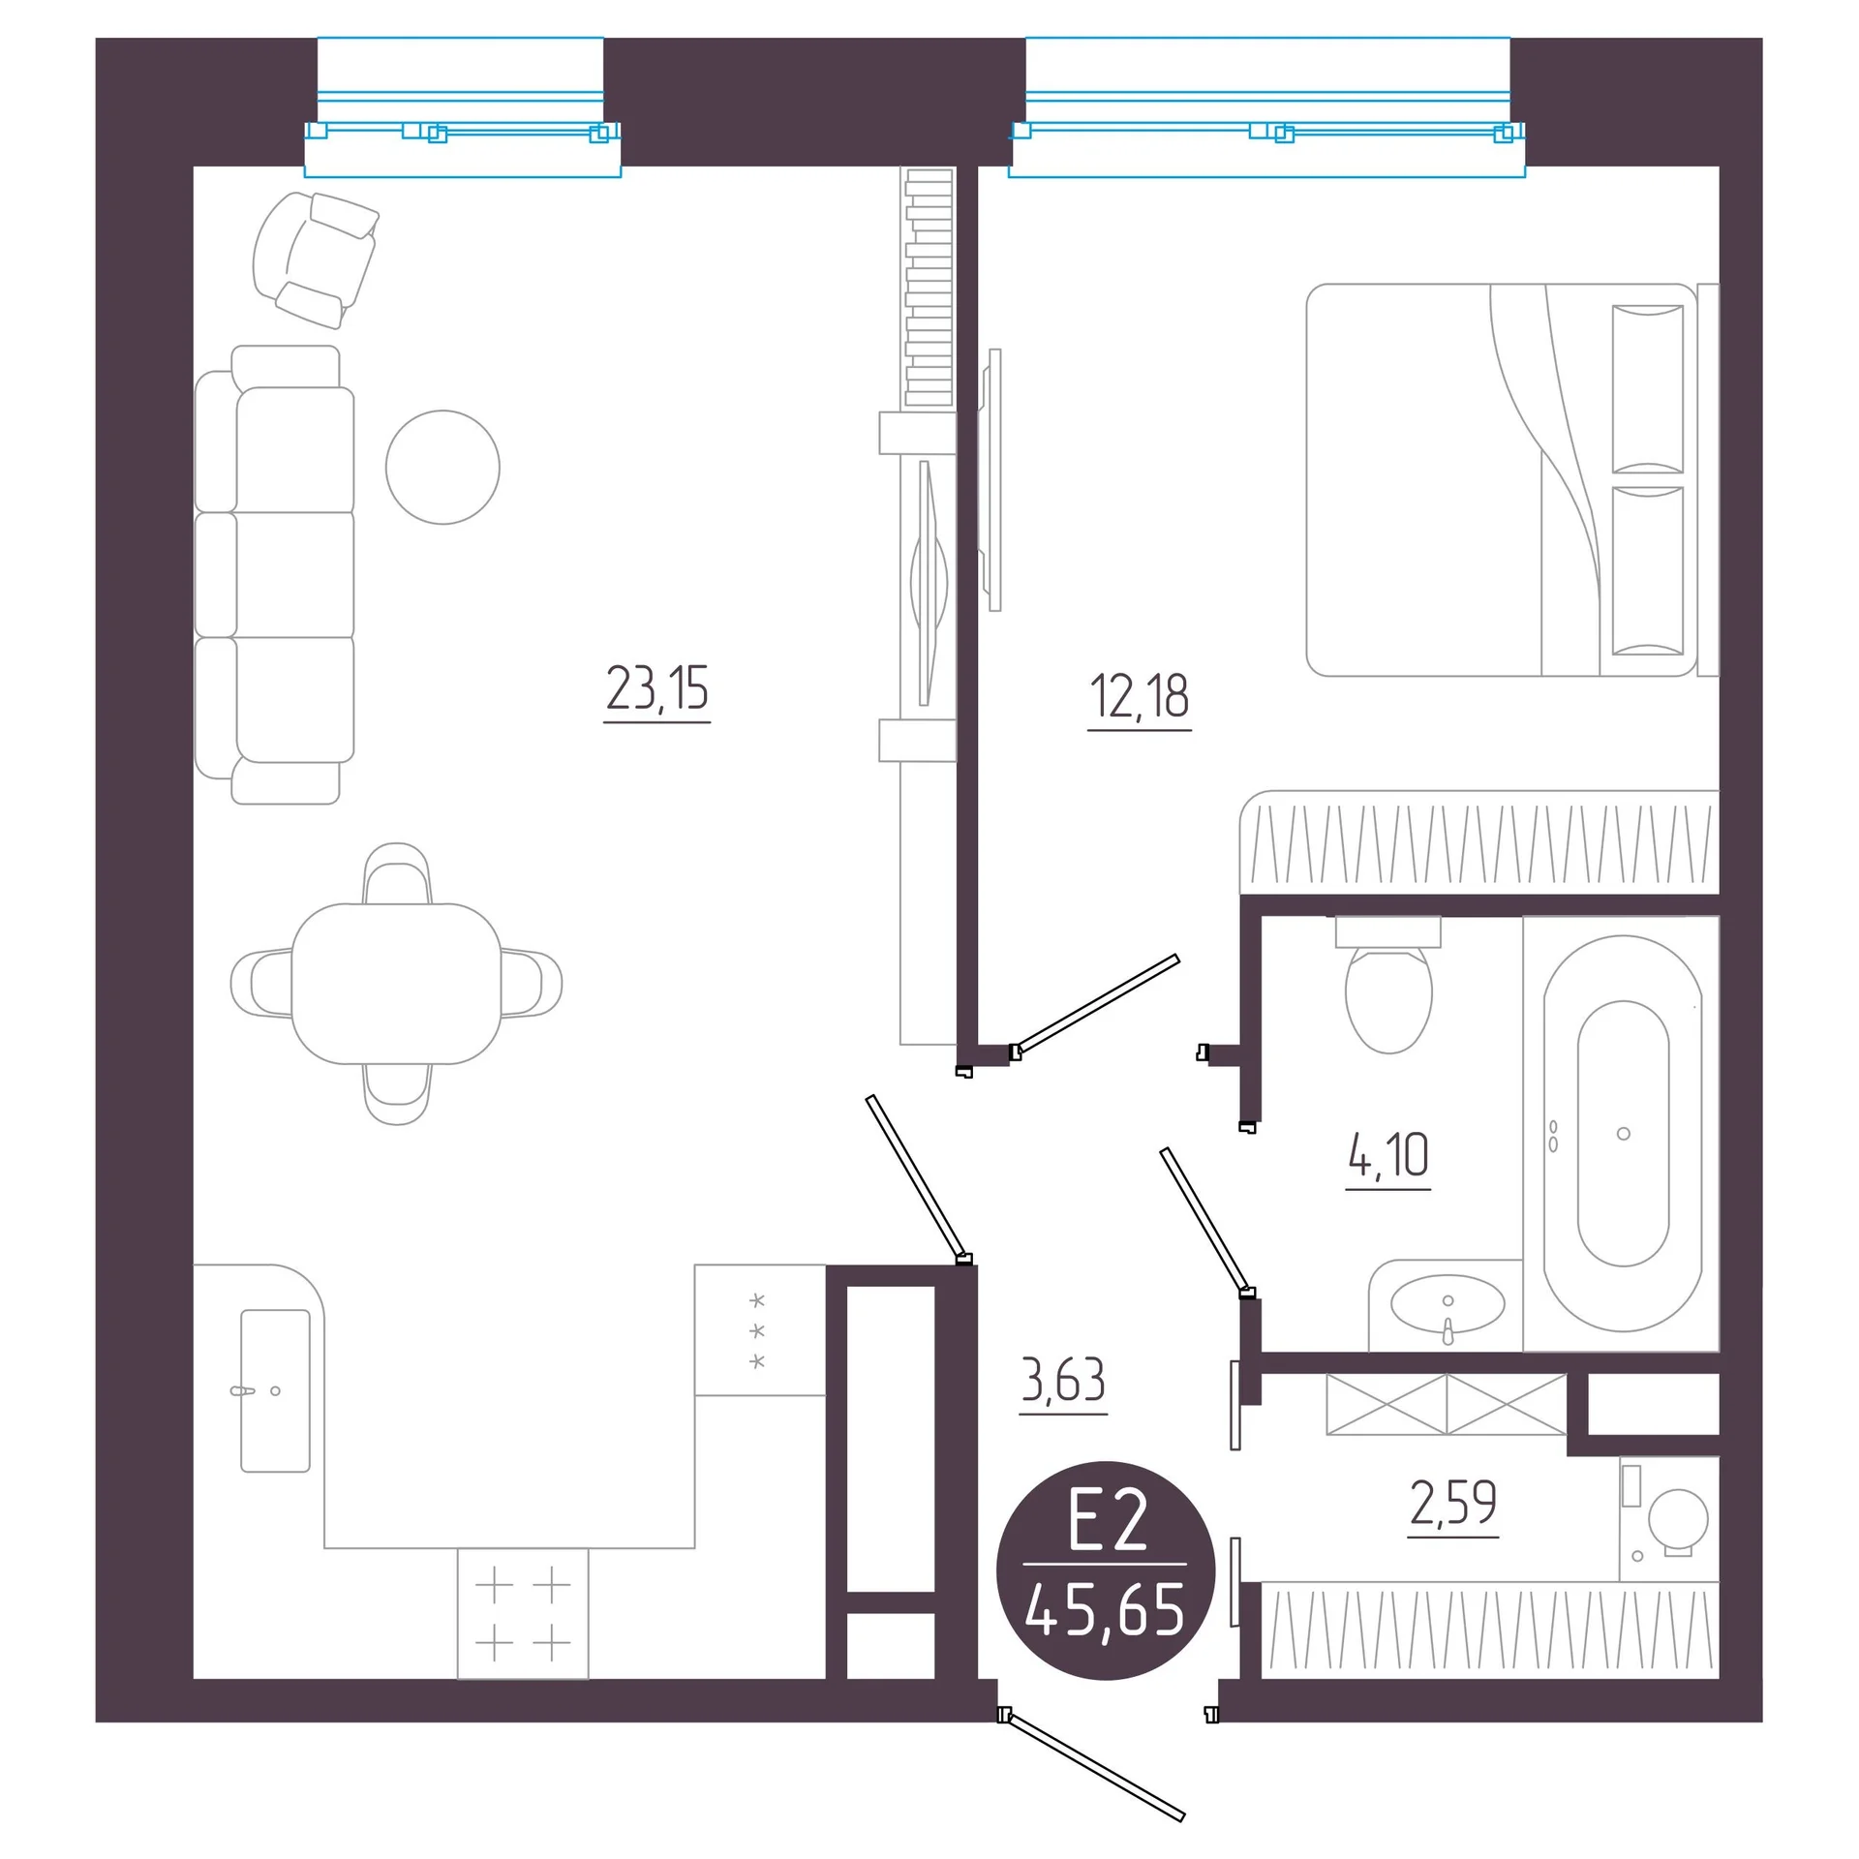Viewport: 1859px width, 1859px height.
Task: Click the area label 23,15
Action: click(x=657, y=688)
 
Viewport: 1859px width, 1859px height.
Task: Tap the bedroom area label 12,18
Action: click(x=1140, y=696)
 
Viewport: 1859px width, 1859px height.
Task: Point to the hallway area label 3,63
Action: click(x=1063, y=1380)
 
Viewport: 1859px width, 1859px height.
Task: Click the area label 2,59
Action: click(x=1453, y=1503)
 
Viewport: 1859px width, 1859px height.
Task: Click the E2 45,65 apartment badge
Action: click(x=1106, y=1570)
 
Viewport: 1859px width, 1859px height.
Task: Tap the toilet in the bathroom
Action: click(x=1388, y=985)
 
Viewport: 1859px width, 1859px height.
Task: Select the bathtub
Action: click(x=1622, y=1133)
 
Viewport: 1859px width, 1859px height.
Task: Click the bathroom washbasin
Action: click(x=1448, y=1304)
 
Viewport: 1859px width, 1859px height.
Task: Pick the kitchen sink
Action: click(x=275, y=1390)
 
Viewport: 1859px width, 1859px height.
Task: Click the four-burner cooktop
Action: click(x=523, y=1613)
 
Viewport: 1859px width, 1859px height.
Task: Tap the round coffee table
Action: click(x=442, y=467)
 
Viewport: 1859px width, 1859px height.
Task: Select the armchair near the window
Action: click(x=315, y=259)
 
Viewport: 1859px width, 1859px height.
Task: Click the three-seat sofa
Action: click(x=275, y=574)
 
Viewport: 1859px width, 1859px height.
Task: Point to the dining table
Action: click(x=396, y=984)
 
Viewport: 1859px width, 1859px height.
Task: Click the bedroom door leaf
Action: click(x=1096, y=1004)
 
